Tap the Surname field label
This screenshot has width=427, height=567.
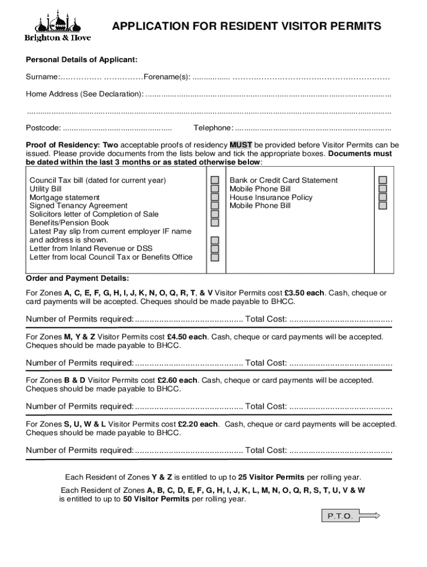coord(42,76)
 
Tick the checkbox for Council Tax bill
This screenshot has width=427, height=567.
coord(215,181)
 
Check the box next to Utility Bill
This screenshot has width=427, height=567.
coord(215,189)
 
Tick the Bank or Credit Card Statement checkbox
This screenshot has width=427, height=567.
coord(383,181)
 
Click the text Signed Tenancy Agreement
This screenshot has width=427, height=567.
coord(78,206)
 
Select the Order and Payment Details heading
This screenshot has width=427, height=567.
coord(77,279)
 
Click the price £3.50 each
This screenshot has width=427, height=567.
coord(304,293)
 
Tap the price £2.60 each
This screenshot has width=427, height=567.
coord(177,380)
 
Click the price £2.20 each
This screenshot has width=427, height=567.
coord(198,424)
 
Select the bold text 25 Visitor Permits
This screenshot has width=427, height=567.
coord(271,477)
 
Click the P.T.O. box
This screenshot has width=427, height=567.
coord(339,516)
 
